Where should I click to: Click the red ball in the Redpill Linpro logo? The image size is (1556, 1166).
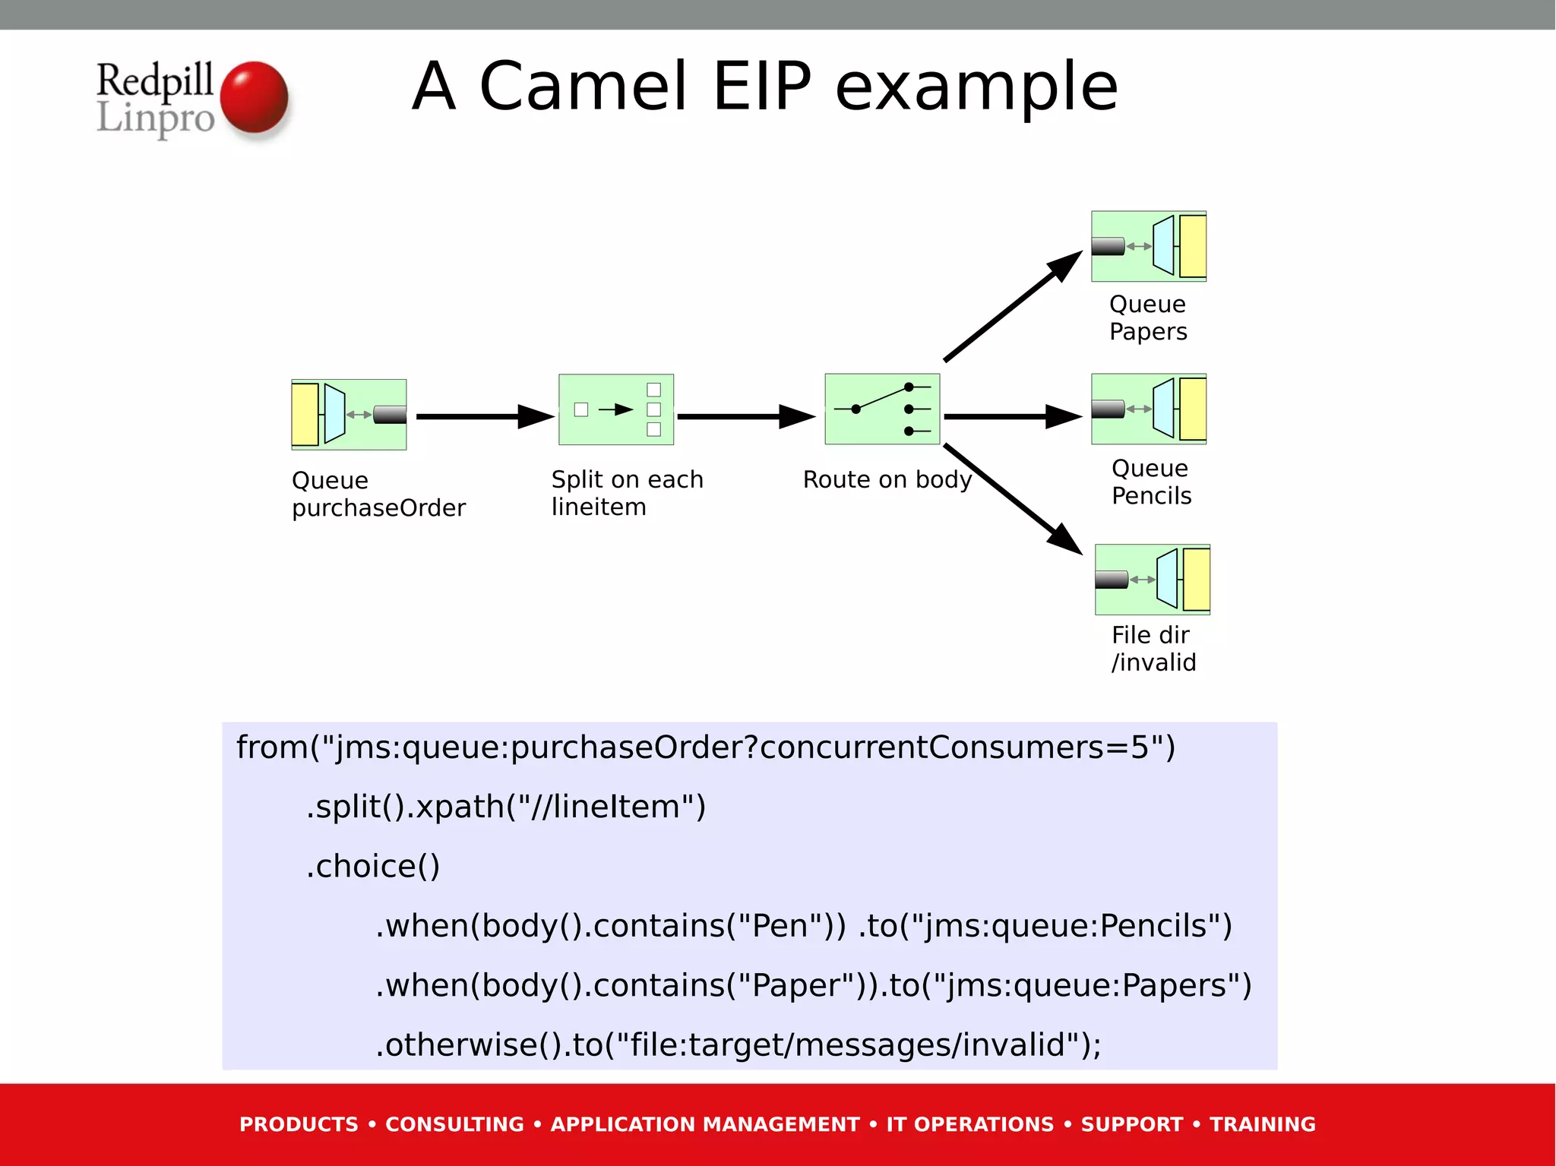coord(254,98)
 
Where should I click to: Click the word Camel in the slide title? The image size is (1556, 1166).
coord(583,87)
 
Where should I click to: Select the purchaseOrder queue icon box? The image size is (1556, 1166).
coord(349,415)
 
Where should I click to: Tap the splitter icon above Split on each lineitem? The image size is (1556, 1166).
coord(615,409)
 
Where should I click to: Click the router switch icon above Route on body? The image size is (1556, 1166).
coord(882,409)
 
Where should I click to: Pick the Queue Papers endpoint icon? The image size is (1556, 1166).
coord(1149,246)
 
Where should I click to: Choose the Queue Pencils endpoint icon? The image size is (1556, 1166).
coord(1149,409)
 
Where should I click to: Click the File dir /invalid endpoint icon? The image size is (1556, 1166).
coord(1152,580)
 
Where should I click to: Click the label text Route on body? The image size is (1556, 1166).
coord(887,480)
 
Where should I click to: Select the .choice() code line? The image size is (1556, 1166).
coord(373,866)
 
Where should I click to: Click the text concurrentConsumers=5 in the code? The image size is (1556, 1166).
coord(961,747)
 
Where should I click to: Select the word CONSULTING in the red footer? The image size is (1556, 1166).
coord(454,1124)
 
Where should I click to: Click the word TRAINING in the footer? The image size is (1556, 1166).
coord(1262,1124)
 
